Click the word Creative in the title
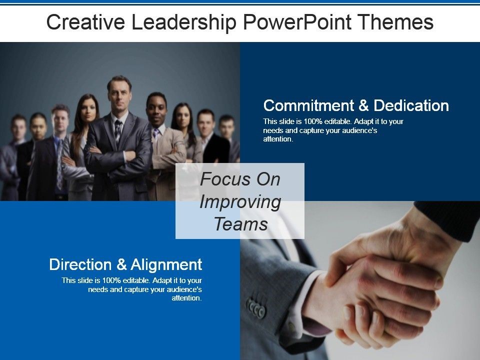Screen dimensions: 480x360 click(x=85, y=22)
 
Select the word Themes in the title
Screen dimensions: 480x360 click(x=395, y=22)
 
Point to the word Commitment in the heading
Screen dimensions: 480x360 click(x=308, y=105)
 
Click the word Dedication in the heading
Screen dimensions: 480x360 click(x=411, y=105)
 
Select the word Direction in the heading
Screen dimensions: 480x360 click(x=80, y=264)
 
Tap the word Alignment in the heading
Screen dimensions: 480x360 click(x=166, y=265)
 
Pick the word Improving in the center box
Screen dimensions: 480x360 click(x=240, y=202)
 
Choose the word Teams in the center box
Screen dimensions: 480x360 click(x=241, y=224)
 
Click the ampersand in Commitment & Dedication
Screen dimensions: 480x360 click(x=363, y=105)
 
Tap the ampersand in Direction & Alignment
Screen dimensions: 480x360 click(x=121, y=264)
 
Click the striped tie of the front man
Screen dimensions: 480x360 click(x=118, y=132)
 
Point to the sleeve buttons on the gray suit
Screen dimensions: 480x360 click(x=256, y=307)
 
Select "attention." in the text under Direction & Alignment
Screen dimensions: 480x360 click(x=186, y=298)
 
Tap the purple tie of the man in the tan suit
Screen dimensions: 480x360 click(x=156, y=133)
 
